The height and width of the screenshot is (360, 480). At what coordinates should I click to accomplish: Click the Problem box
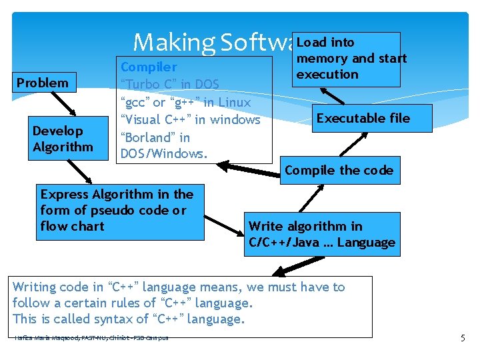43,83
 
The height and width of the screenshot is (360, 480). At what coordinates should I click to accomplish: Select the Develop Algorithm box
63,139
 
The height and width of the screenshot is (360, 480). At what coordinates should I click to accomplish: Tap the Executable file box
363,119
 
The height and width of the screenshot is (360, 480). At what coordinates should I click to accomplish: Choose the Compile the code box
339,170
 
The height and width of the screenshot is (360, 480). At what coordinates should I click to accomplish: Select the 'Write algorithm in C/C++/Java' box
322,235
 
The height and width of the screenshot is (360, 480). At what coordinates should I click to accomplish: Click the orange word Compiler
149,67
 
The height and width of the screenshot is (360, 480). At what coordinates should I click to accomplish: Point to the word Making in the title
172,43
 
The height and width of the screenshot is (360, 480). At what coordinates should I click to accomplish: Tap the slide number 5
463,338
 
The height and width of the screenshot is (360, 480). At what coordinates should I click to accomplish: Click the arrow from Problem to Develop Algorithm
56,104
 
